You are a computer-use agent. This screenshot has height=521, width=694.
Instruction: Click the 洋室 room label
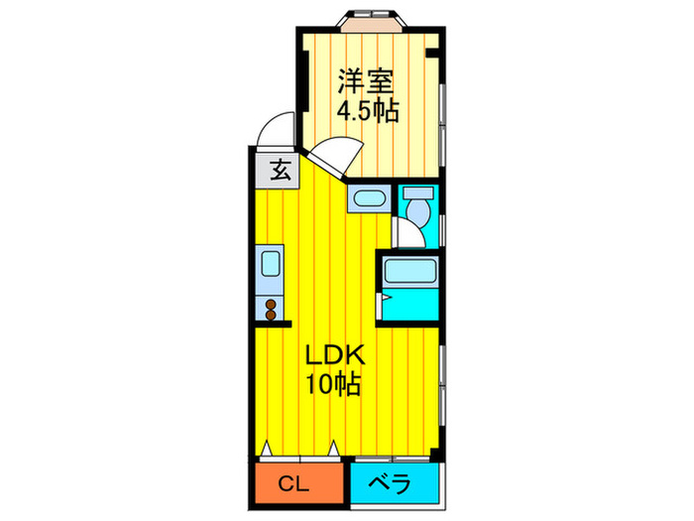click(366, 81)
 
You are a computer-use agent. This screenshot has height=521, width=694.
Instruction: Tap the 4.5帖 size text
click(368, 111)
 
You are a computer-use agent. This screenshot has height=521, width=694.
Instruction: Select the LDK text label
click(336, 355)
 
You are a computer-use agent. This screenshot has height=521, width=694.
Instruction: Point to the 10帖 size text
click(333, 384)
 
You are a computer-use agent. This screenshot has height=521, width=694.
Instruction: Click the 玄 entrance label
click(281, 170)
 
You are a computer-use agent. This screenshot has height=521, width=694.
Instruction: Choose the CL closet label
click(293, 484)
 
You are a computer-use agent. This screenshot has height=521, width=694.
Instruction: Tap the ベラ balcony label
click(391, 483)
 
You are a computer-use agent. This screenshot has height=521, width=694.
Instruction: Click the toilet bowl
click(418, 211)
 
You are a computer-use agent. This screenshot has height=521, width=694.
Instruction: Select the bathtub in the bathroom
click(410, 271)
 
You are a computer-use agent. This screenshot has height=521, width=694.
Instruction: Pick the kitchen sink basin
click(270, 264)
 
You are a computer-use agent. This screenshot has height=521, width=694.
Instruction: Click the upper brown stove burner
click(271, 305)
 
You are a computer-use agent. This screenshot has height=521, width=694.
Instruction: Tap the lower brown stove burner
click(271, 315)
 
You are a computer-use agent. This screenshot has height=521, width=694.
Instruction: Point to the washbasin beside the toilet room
click(370, 198)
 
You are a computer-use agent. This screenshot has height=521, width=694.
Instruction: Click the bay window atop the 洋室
click(372, 21)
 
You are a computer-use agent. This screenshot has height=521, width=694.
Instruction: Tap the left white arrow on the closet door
click(266, 449)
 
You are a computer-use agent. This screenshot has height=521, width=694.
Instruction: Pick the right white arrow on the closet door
click(334, 449)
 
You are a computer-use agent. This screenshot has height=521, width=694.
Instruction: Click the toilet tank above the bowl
click(418, 193)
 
